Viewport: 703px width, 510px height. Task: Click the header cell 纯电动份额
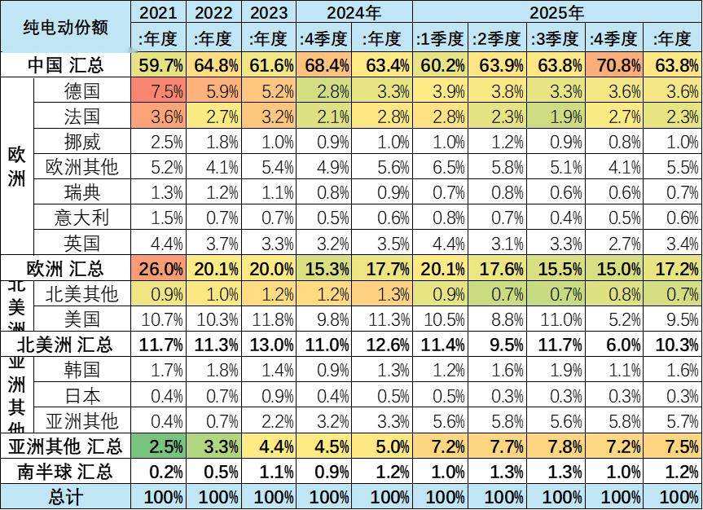pyautogui.click(x=65, y=26)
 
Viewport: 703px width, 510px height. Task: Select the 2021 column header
pyautogui.click(x=157, y=12)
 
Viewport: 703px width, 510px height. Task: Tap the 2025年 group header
pyautogui.click(x=556, y=12)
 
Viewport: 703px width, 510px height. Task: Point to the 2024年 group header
pyautogui.click(x=354, y=12)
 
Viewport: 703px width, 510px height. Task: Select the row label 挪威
pyautogui.click(x=81, y=143)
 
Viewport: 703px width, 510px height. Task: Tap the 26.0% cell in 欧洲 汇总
pyautogui.click(x=160, y=269)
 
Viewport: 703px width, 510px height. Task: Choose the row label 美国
pyautogui.click(x=81, y=318)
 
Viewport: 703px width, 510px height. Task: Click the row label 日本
pyautogui.click(x=81, y=395)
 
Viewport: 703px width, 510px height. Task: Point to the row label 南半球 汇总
pyautogui.click(x=65, y=472)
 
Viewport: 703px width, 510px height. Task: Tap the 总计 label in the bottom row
pyautogui.click(x=65, y=496)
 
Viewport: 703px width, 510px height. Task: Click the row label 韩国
pyautogui.click(x=81, y=370)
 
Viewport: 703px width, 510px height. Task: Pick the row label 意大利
pyautogui.click(x=81, y=218)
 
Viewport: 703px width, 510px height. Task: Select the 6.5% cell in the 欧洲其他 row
pyautogui.click(x=439, y=168)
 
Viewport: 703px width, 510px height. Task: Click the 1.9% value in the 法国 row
pyautogui.click(x=557, y=117)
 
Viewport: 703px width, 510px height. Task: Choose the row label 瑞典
pyautogui.click(x=81, y=192)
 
